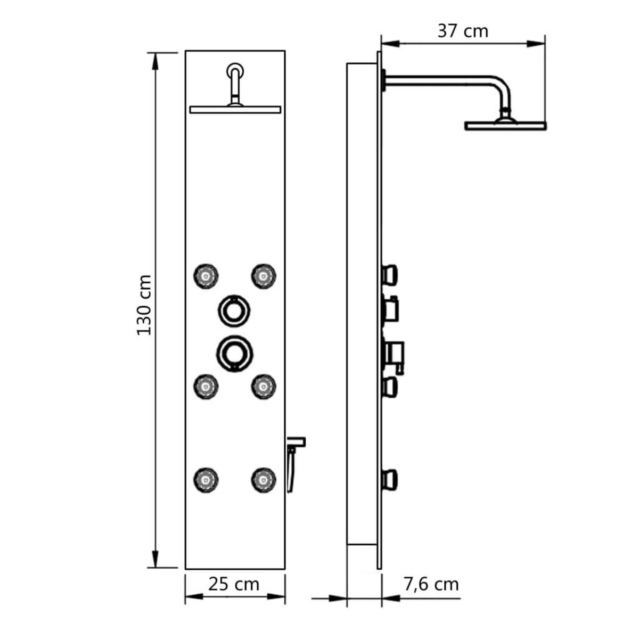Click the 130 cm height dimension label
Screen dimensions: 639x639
click(x=144, y=305)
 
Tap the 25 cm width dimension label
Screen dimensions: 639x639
click(x=234, y=569)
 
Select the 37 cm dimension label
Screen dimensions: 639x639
click(x=462, y=31)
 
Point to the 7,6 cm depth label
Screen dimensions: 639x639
click(x=431, y=569)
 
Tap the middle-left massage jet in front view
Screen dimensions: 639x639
click(x=206, y=386)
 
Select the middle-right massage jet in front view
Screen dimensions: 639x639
click(x=263, y=386)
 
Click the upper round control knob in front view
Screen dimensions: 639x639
click(x=234, y=309)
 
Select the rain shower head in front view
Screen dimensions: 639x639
click(x=235, y=109)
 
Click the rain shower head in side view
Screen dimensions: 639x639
click(x=505, y=126)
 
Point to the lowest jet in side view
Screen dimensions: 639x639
click(x=390, y=479)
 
